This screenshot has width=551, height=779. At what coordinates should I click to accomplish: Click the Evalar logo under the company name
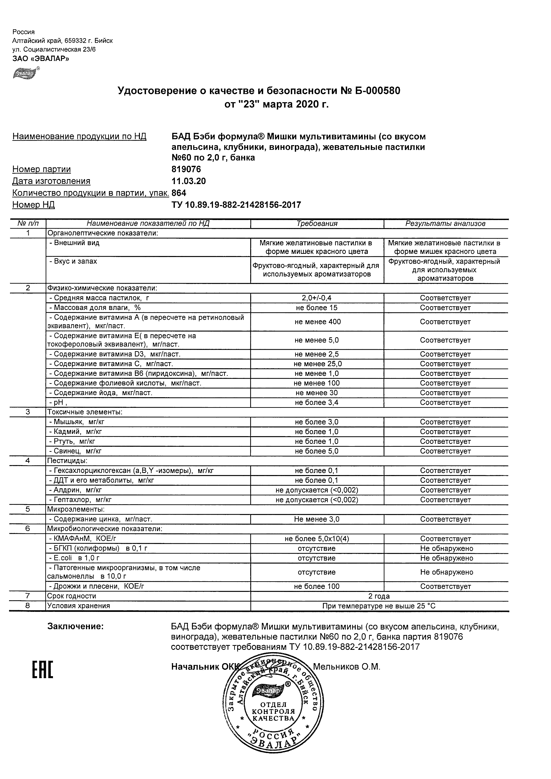point(26,73)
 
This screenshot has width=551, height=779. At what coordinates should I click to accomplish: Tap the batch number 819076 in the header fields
point(186,169)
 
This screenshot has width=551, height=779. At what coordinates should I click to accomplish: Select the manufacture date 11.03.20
point(189,181)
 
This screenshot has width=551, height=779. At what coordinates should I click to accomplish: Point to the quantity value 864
point(179,193)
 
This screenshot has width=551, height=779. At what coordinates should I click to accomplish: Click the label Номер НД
point(33,205)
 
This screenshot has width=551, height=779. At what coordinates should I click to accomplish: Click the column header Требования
point(317,224)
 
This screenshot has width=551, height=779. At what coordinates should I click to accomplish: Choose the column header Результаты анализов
point(445,224)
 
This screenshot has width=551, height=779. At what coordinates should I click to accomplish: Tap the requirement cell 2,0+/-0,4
point(317,298)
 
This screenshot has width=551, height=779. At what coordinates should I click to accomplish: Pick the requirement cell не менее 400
point(317,322)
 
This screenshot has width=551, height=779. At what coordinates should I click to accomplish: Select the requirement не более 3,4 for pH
point(317,403)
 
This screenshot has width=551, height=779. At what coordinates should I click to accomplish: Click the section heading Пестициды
point(67,461)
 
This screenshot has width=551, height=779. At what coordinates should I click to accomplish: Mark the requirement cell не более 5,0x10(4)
point(317,539)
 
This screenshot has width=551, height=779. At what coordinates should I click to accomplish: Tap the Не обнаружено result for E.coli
point(446,558)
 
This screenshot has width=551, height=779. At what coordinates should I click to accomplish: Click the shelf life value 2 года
point(379,596)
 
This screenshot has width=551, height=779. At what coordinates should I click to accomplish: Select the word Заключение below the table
point(75,626)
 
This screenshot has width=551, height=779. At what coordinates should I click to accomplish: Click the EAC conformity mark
point(42,670)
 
